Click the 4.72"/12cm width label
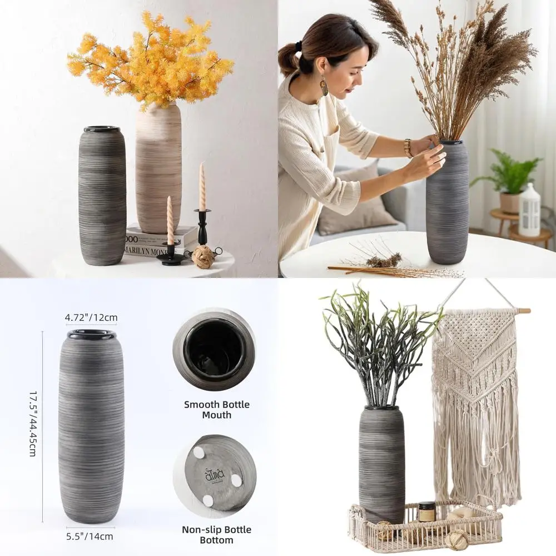(x=91, y=318)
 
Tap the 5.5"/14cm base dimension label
(x=90, y=537)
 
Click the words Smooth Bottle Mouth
(x=217, y=409)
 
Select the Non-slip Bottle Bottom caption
(x=217, y=534)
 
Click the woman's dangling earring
(x=324, y=86)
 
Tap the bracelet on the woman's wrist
(x=408, y=148)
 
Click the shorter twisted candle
(x=170, y=221)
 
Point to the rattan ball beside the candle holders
(x=203, y=257)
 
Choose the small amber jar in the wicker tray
(x=426, y=512)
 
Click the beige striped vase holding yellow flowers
(x=158, y=167)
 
